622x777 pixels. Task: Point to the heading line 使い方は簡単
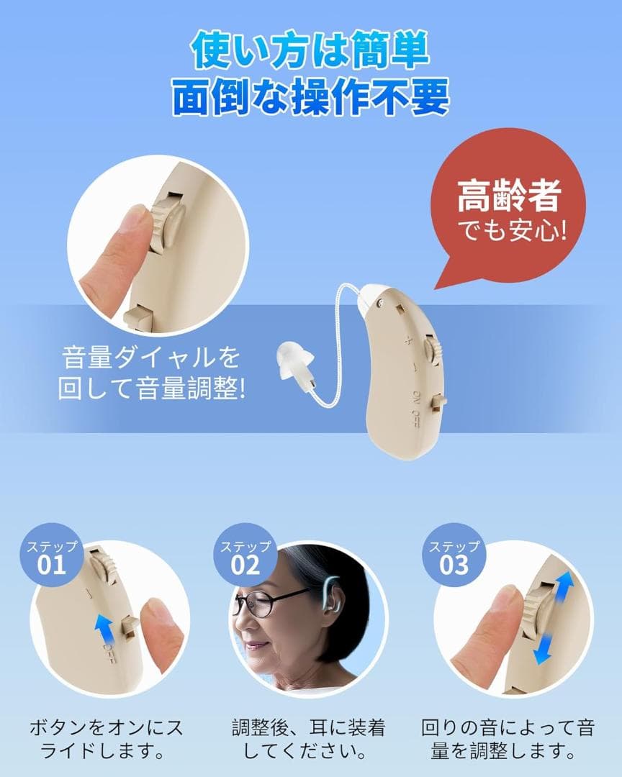[310, 51]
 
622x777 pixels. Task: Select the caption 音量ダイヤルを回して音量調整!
[151, 373]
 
